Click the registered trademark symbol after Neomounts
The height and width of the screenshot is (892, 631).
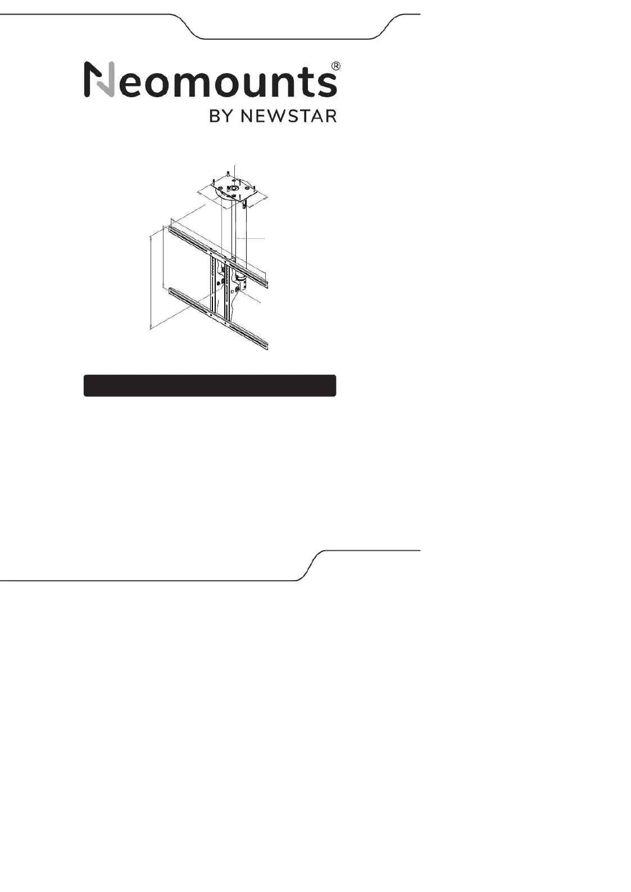click(334, 66)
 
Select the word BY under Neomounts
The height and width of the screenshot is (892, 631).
click(220, 115)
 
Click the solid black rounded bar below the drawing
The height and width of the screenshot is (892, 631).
click(210, 386)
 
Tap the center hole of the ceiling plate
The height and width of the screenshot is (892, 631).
click(234, 189)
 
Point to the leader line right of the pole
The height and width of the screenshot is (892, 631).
click(253, 239)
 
